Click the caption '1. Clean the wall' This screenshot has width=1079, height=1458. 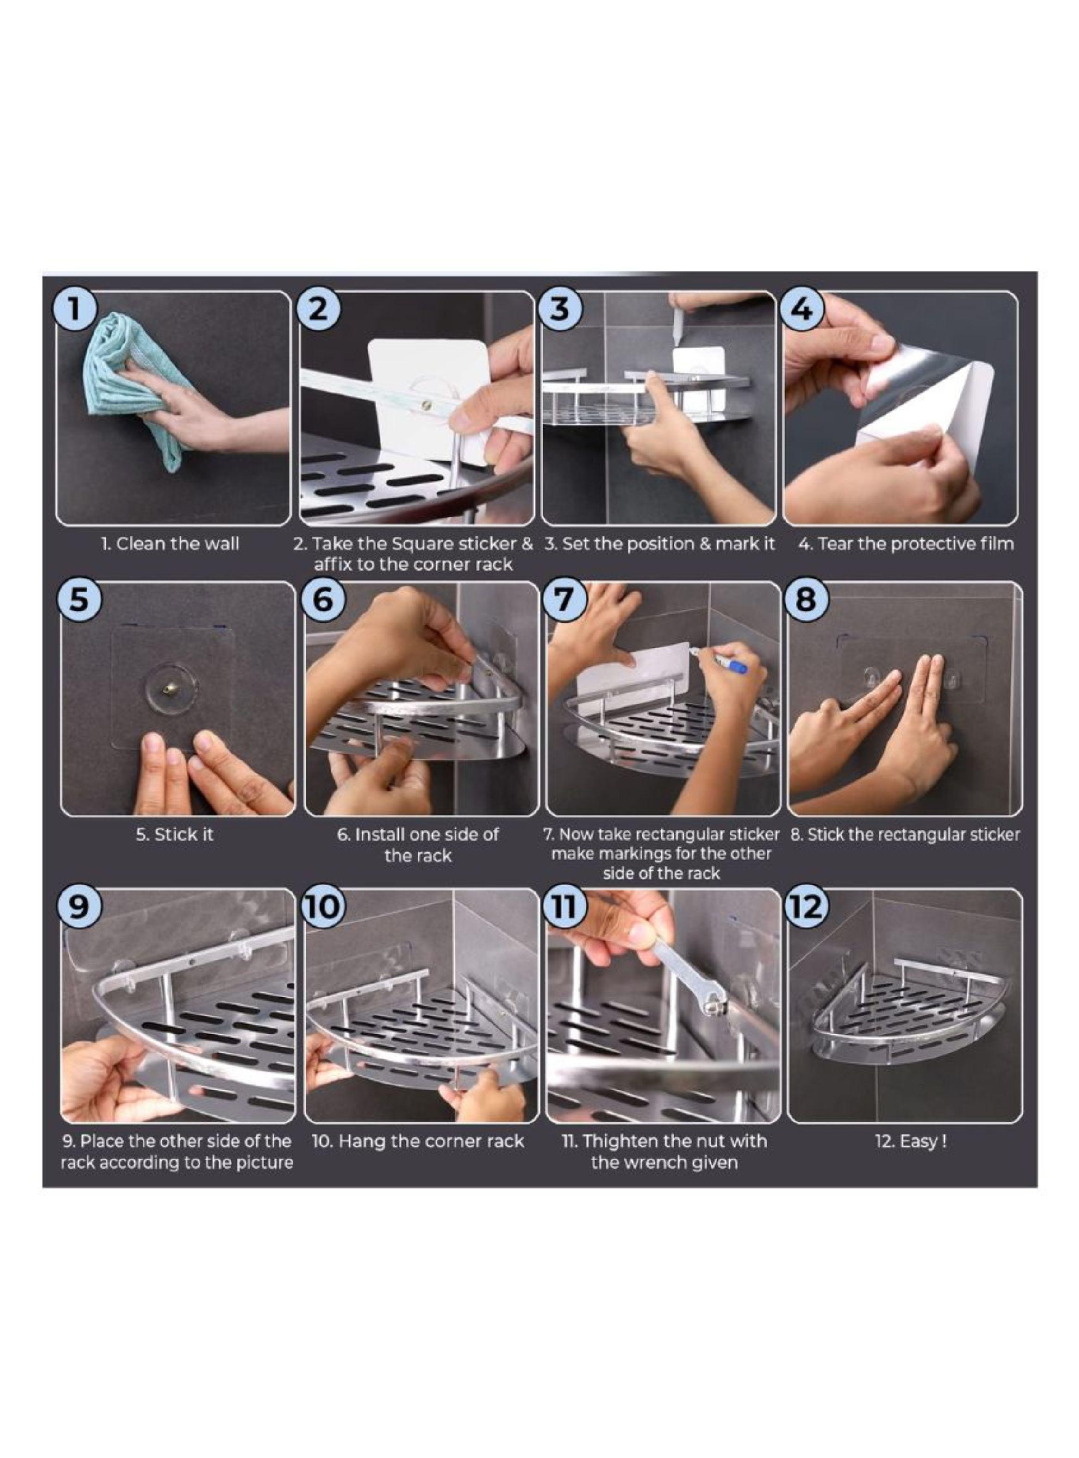(170, 544)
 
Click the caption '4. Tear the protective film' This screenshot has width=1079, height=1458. (906, 544)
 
